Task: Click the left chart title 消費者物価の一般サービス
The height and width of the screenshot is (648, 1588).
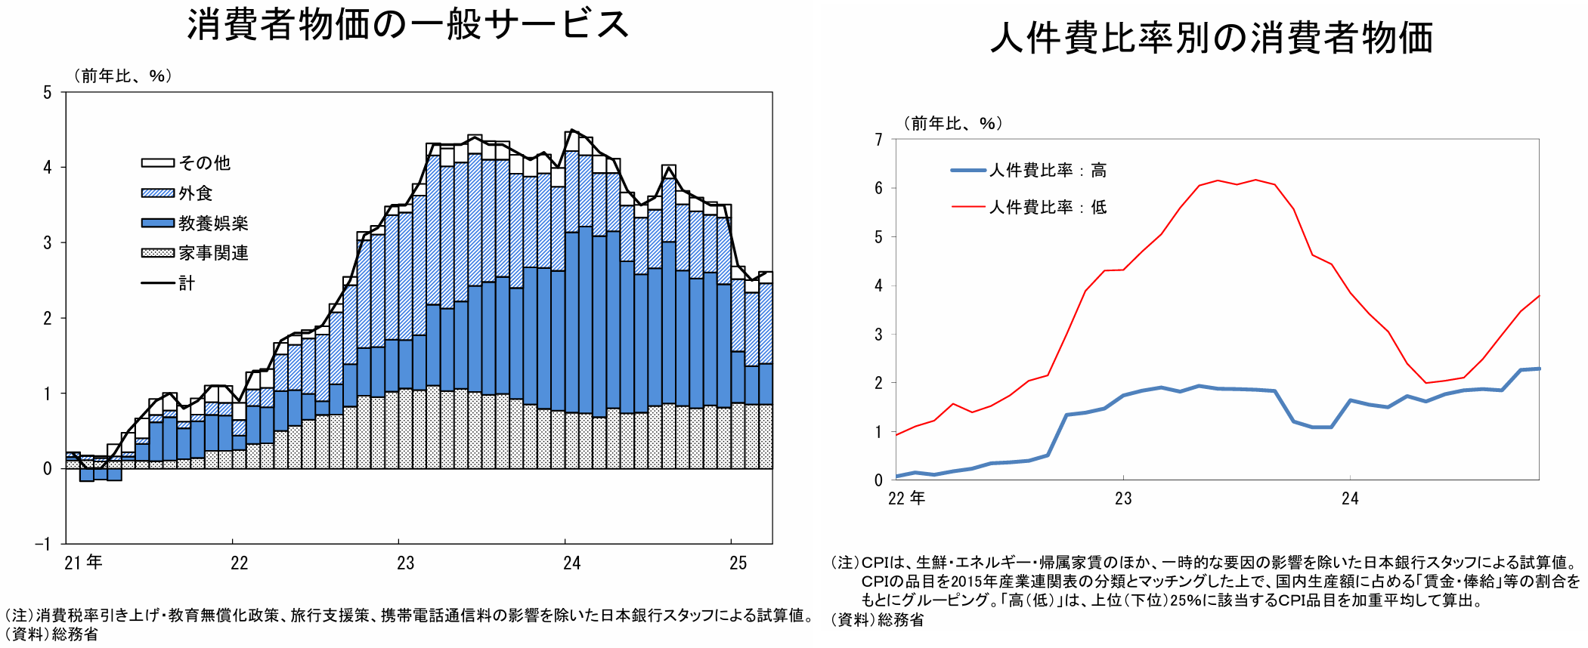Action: pyautogui.click(x=408, y=24)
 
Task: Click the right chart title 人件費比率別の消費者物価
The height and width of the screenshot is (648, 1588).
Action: pyautogui.click(x=1212, y=38)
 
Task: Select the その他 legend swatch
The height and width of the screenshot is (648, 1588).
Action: pyautogui.click(x=157, y=163)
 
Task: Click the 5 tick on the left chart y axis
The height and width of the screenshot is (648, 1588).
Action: pyautogui.click(x=48, y=93)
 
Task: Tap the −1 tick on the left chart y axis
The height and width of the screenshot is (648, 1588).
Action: pyautogui.click(x=43, y=544)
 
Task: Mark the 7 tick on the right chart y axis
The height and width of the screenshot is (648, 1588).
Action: pyautogui.click(x=878, y=140)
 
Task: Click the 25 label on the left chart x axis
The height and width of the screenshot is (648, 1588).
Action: pyautogui.click(x=738, y=563)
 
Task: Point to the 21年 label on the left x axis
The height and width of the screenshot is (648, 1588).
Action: pyautogui.click(x=83, y=563)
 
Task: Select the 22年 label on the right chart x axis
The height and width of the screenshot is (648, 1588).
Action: pyautogui.click(x=906, y=498)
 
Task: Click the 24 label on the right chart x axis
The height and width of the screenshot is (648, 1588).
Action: pyautogui.click(x=1350, y=498)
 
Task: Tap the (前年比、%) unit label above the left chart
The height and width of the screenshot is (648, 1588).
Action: pyautogui.click(x=122, y=76)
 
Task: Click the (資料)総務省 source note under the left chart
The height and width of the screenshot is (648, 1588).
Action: pyautogui.click(x=51, y=634)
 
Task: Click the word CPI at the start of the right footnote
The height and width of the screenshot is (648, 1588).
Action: pyautogui.click(x=875, y=563)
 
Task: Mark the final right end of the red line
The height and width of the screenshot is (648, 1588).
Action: pyautogui.click(x=1539, y=296)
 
